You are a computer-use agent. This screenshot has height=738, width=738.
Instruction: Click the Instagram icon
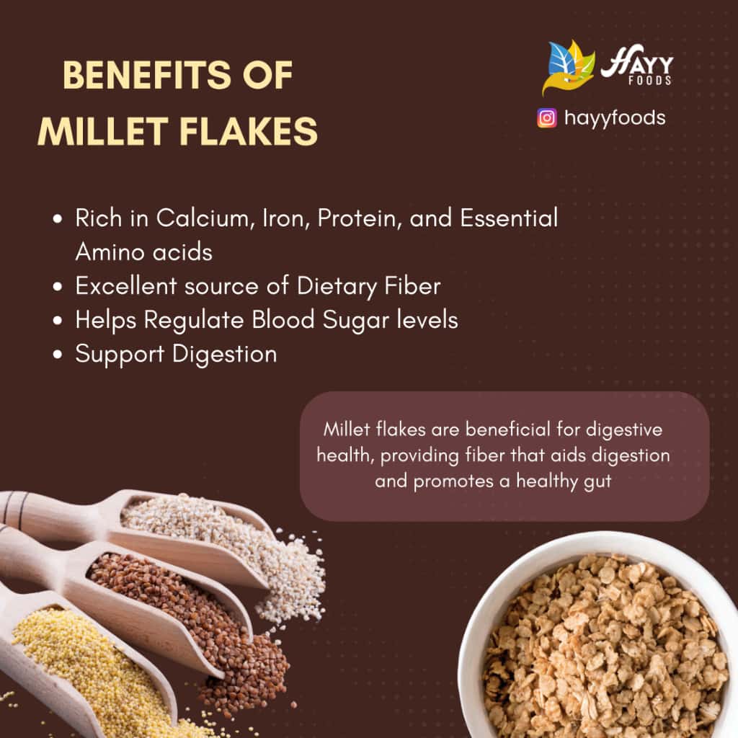[547, 117]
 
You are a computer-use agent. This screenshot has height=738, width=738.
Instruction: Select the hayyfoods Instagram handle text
[615, 117]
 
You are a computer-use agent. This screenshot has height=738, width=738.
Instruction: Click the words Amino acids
[143, 252]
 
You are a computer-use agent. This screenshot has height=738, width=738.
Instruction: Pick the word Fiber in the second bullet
[411, 286]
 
